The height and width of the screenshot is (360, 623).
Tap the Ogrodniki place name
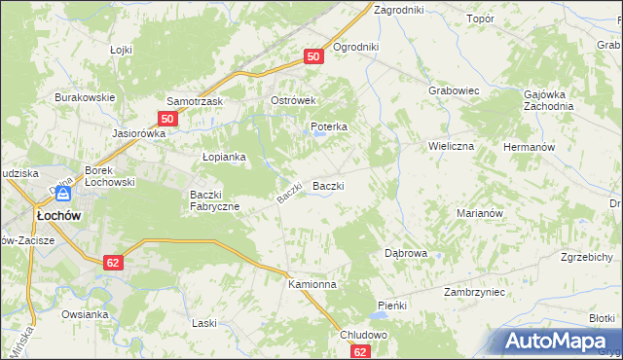(x=355, y=47)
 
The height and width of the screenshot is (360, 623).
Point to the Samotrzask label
(x=196, y=101)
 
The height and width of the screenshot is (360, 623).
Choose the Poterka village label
(x=329, y=126)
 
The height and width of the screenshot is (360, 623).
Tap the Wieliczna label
(x=451, y=145)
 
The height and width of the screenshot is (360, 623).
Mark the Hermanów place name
(x=529, y=145)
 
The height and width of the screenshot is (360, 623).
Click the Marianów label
(x=478, y=212)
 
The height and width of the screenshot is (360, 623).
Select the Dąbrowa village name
(x=406, y=252)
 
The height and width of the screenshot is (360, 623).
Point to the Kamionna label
(x=311, y=284)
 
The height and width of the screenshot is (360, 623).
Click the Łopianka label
(x=223, y=156)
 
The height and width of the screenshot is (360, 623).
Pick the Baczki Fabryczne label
(x=215, y=199)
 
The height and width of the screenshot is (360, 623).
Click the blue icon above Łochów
(x=63, y=195)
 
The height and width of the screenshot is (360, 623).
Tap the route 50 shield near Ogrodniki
(x=313, y=57)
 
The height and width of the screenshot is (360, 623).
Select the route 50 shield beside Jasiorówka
(x=167, y=119)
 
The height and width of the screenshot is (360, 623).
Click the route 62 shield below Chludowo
(x=361, y=352)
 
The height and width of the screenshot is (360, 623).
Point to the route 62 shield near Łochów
(x=113, y=262)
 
